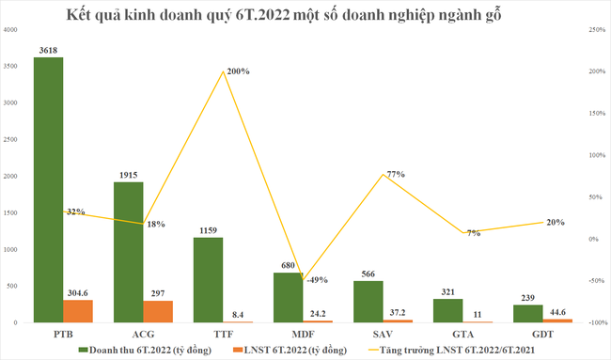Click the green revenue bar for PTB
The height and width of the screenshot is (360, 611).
click(x=48, y=188)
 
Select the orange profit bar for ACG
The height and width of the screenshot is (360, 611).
click(x=157, y=311)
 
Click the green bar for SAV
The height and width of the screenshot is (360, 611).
click(x=367, y=301)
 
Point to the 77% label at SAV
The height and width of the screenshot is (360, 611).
click(x=368, y=173)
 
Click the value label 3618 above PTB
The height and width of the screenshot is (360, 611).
click(x=48, y=50)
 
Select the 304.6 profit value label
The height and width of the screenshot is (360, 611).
click(x=79, y=292)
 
